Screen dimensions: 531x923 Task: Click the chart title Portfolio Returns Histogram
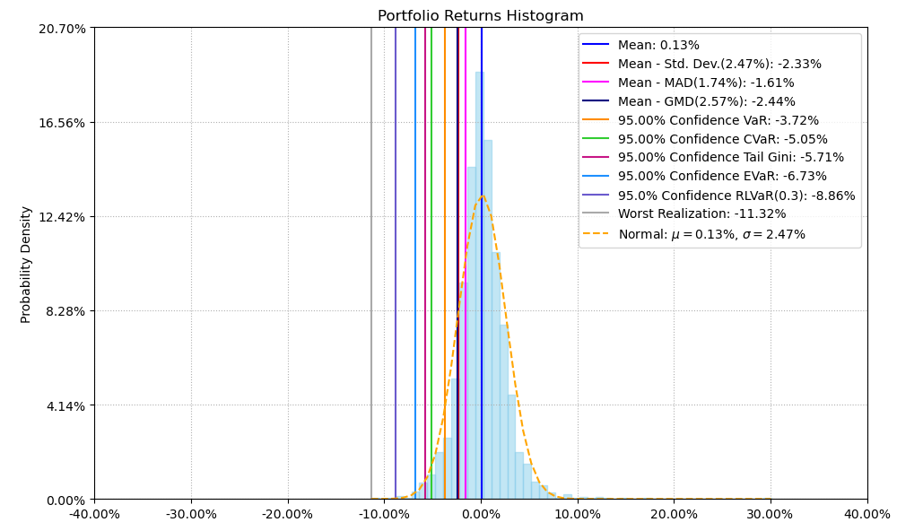[x=480, y=16]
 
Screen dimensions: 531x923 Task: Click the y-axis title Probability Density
[x=26, y=264]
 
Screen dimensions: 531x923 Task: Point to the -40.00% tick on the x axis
[x=94, y=515]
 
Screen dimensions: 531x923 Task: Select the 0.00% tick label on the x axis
[x=481, y=515]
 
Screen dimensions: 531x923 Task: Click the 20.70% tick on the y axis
[x=65, y=28]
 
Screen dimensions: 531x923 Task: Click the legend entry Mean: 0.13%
[x=658, y=45]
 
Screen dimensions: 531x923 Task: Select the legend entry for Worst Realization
[x=701, y=214]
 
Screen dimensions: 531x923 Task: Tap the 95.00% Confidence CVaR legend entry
[x=722, y=139]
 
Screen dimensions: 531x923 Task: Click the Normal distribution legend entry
[x=711, y=234]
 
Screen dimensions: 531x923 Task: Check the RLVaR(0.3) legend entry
[x=736, y=196]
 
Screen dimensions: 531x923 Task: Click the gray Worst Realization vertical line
[x=371, y=269]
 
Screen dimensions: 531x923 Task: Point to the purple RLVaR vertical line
[x=396, y=269]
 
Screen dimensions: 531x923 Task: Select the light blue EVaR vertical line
[x=415, y=269]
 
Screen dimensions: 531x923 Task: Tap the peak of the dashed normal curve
[x=482, y=195]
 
